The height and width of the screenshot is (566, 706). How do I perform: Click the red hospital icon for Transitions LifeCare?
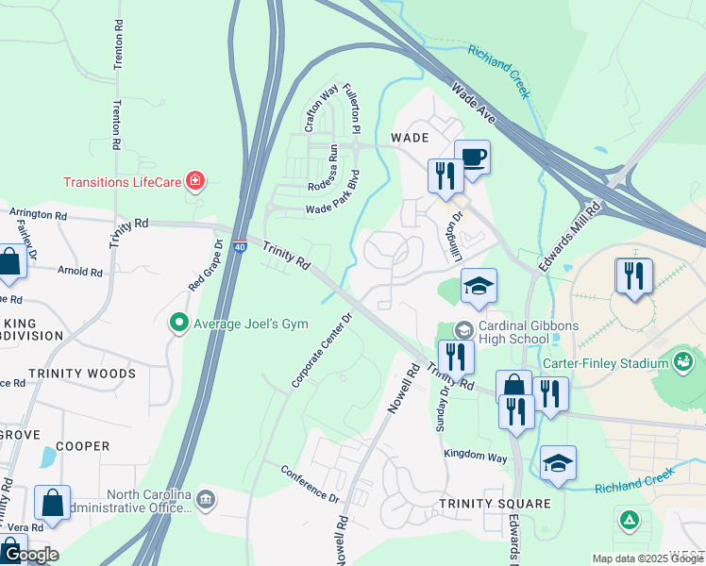[x=195, y=181]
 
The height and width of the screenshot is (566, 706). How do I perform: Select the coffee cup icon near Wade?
[x=472, y=157]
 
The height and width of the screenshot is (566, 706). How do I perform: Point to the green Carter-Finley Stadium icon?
[x=683, y=361]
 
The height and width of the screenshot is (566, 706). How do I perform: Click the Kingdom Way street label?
[x=476, y=456]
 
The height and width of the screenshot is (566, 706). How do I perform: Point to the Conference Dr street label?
[x=310, y=483]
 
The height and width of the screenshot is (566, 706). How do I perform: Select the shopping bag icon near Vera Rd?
[x=52, y=503]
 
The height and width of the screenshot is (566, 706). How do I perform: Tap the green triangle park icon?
[x=629, y=520]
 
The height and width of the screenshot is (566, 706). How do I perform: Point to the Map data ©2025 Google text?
[x=647, y=558]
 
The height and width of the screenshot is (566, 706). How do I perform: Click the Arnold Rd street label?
[x=79, y=272]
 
